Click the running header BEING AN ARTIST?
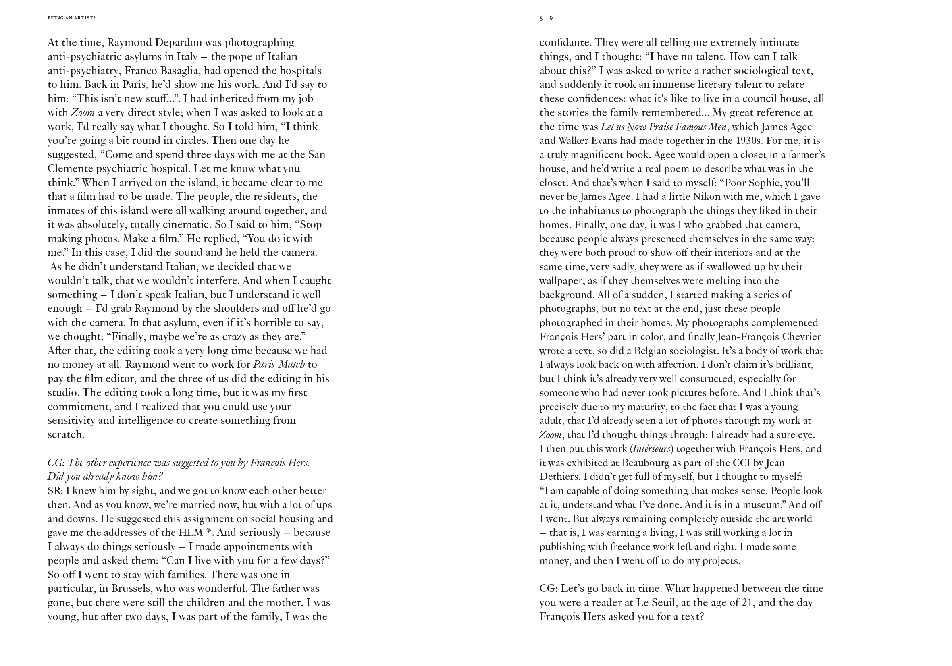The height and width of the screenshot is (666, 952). [x=71, y=18]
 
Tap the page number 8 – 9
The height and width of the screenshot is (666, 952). [x=546, y=19]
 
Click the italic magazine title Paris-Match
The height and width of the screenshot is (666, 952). [x=279, y=365]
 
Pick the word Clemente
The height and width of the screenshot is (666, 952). [x=71, y=169]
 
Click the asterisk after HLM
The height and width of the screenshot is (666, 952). [x=208, y=532]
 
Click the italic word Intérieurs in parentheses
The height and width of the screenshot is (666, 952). [x=651, y=449]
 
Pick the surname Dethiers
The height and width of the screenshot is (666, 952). [x=558, y=477]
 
